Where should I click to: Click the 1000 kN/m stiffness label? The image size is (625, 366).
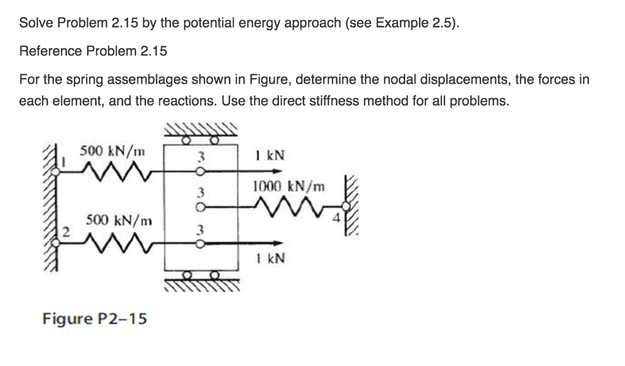click(289, 185)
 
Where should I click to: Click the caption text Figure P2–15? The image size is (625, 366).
click(95, 318)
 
